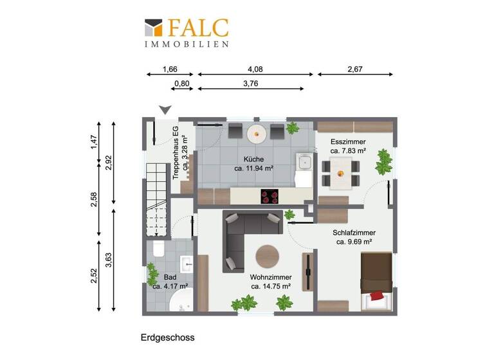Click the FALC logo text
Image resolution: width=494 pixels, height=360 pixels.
(197, 28)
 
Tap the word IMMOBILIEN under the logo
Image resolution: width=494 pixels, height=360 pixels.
(187, 44)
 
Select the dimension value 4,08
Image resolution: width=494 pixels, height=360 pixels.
(255, 69)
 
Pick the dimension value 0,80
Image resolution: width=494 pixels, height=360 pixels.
(182, 83)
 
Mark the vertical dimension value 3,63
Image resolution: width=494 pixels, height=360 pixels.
(109, 260)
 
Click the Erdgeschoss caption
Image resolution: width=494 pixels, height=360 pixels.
(167, 337)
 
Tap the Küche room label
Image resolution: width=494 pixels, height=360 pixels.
(254, 159)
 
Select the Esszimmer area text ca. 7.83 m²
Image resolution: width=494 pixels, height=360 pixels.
(348, 151)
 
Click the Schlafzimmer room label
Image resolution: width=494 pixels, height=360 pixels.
(354, 233)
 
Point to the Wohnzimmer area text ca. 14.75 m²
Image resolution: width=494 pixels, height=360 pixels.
(271, 287)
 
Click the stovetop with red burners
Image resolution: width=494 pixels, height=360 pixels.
(270, 196)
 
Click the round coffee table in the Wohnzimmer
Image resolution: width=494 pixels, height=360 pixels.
(266, 256)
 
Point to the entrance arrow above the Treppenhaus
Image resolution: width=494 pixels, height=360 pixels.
(165, 110)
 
